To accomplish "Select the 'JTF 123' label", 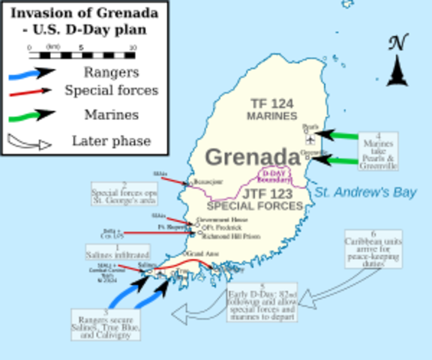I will tap(253, 193).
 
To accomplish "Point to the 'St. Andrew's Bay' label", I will tap(364, 193).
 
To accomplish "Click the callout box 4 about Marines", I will tap(379, 151).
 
